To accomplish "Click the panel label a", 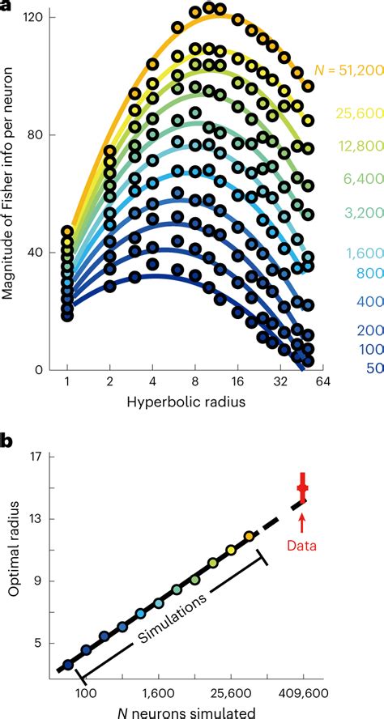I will point(6,6).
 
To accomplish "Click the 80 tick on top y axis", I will point(36,135).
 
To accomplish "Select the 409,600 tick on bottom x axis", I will point(304,693).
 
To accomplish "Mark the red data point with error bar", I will point(303,488).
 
